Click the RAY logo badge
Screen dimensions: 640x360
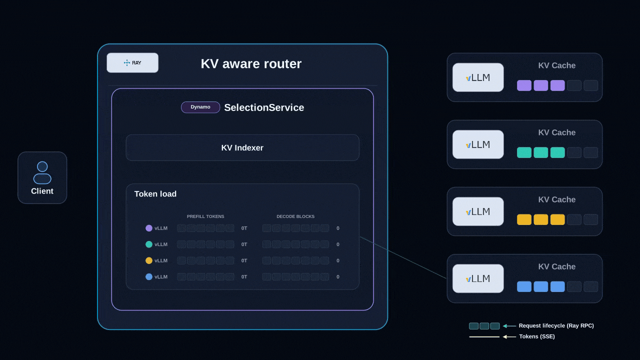pyautogui.click(x=132, y=62)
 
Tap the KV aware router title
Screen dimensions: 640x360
pyautogui.click(x=251, y=63)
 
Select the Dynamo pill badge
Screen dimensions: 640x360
pyautogui.click(x=200, y=107)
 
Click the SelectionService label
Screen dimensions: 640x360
pyautogui.click(x=264, y=107)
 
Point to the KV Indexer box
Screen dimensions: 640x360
pyautogui.click(x=242, y=147)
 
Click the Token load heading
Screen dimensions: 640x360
pyautogui.click(x=155, y=194)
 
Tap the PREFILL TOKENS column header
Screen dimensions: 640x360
pyautogui.click(x=205, y=216)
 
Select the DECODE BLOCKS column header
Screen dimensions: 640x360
pyautogui.click(x=295, y=216)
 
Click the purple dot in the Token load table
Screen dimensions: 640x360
pyautogui.click(x=149, y=228)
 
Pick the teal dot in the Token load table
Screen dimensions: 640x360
pyautogui.click(x=149, y=244)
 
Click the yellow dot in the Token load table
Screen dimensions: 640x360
pyautogui.click(x=149, y=260)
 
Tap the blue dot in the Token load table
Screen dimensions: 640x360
pyautogui.click(x=149, y=276)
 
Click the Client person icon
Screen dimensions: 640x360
pyautogui.click(x=42, y=172)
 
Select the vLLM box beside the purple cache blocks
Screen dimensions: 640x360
pyautogui.click(x=478, y=77)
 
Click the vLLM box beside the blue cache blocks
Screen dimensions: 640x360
pyautogui.click(x=478, y=278)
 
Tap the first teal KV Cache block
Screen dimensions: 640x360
pyautogui.click(x=524, y=152)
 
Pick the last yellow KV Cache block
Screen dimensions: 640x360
pyautogui.click(x=557, y=219)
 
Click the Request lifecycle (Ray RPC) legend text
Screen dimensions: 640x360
pyautogui.click(x=556, y=325)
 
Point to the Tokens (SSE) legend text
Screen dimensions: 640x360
pyautogui.click(x=537, y=336)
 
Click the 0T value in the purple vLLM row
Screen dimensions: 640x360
pyautogui.click(x=244, y=228)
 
